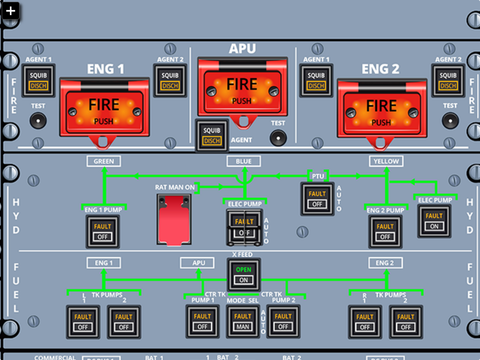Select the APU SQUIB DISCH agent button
coord(212,136)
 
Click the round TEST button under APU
coord(278,138)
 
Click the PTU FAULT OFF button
coord(317,199)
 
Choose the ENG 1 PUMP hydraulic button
coord(103,232)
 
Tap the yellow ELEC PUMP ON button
coord(434,221)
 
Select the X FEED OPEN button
coord(244,275)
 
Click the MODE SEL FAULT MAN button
coord(243,322)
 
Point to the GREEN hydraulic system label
coord(104,161)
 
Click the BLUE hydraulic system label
coord(244,161)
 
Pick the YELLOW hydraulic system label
coord(386,161)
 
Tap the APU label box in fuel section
coord(197,263)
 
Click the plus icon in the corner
coord(10,11)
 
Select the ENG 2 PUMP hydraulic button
coord(385,232)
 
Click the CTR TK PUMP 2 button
coord(283,322)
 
